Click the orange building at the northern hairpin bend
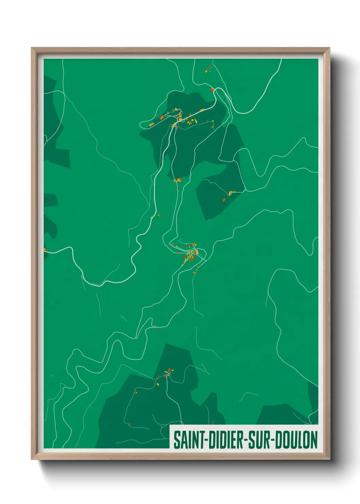(x=212, y=90)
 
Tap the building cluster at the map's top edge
(x=208, y=69)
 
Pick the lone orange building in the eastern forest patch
(x=224, y=200)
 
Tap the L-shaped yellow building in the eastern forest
(x=231, y=193)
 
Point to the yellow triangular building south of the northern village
(x=178, y=179)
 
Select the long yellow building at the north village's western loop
(x=151, y=124)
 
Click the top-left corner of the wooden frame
(x=32, y=48)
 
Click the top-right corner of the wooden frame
(x=329, y=48)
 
